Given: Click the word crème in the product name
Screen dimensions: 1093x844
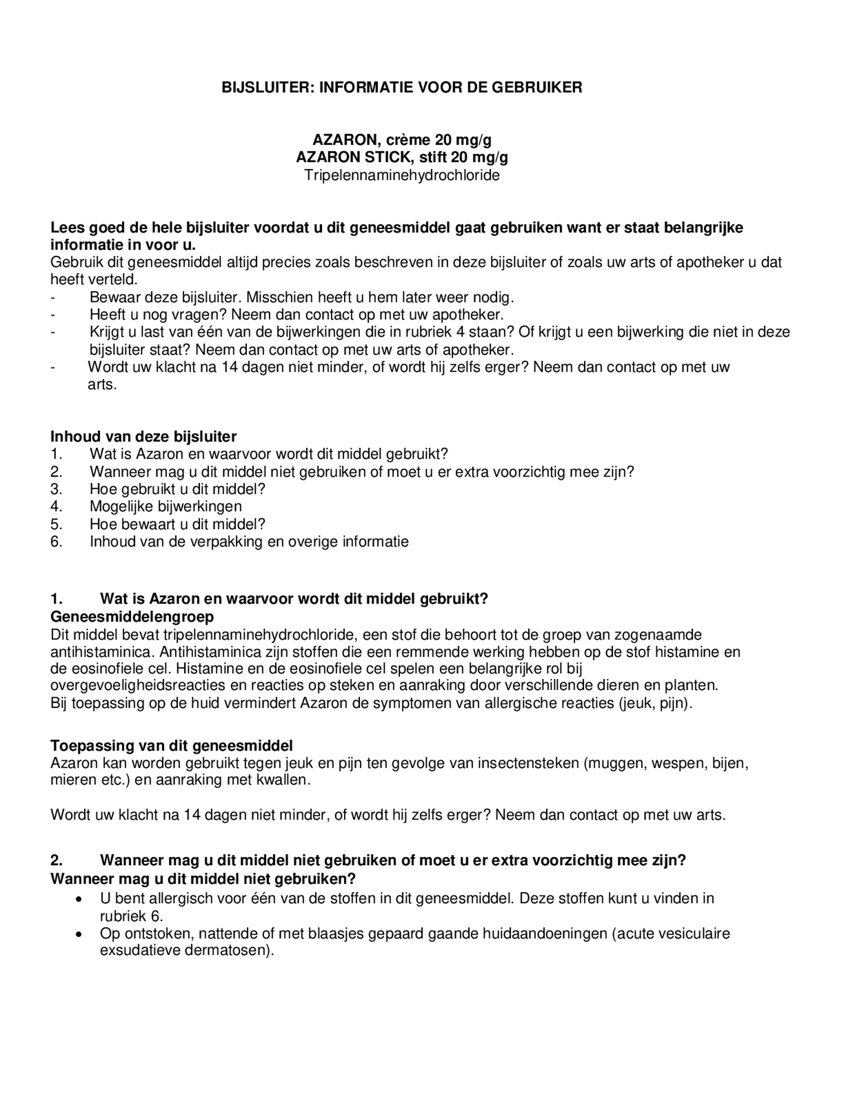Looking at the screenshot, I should [408, 140].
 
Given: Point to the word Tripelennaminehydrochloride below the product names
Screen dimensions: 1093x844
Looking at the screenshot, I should [402, 175].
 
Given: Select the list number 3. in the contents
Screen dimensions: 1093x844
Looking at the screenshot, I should [56, 489].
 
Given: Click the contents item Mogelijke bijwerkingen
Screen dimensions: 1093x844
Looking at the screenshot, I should [166, 507].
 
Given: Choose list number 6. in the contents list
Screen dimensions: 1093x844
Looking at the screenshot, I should [56, 542].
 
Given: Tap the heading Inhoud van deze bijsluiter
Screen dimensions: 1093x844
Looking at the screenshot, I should [143, 437].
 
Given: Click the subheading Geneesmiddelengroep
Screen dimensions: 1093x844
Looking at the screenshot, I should [132, 616].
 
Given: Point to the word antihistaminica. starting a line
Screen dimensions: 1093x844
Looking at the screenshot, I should [101, 651].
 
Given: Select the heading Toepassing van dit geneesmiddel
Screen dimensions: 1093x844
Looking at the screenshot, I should [172, 746].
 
